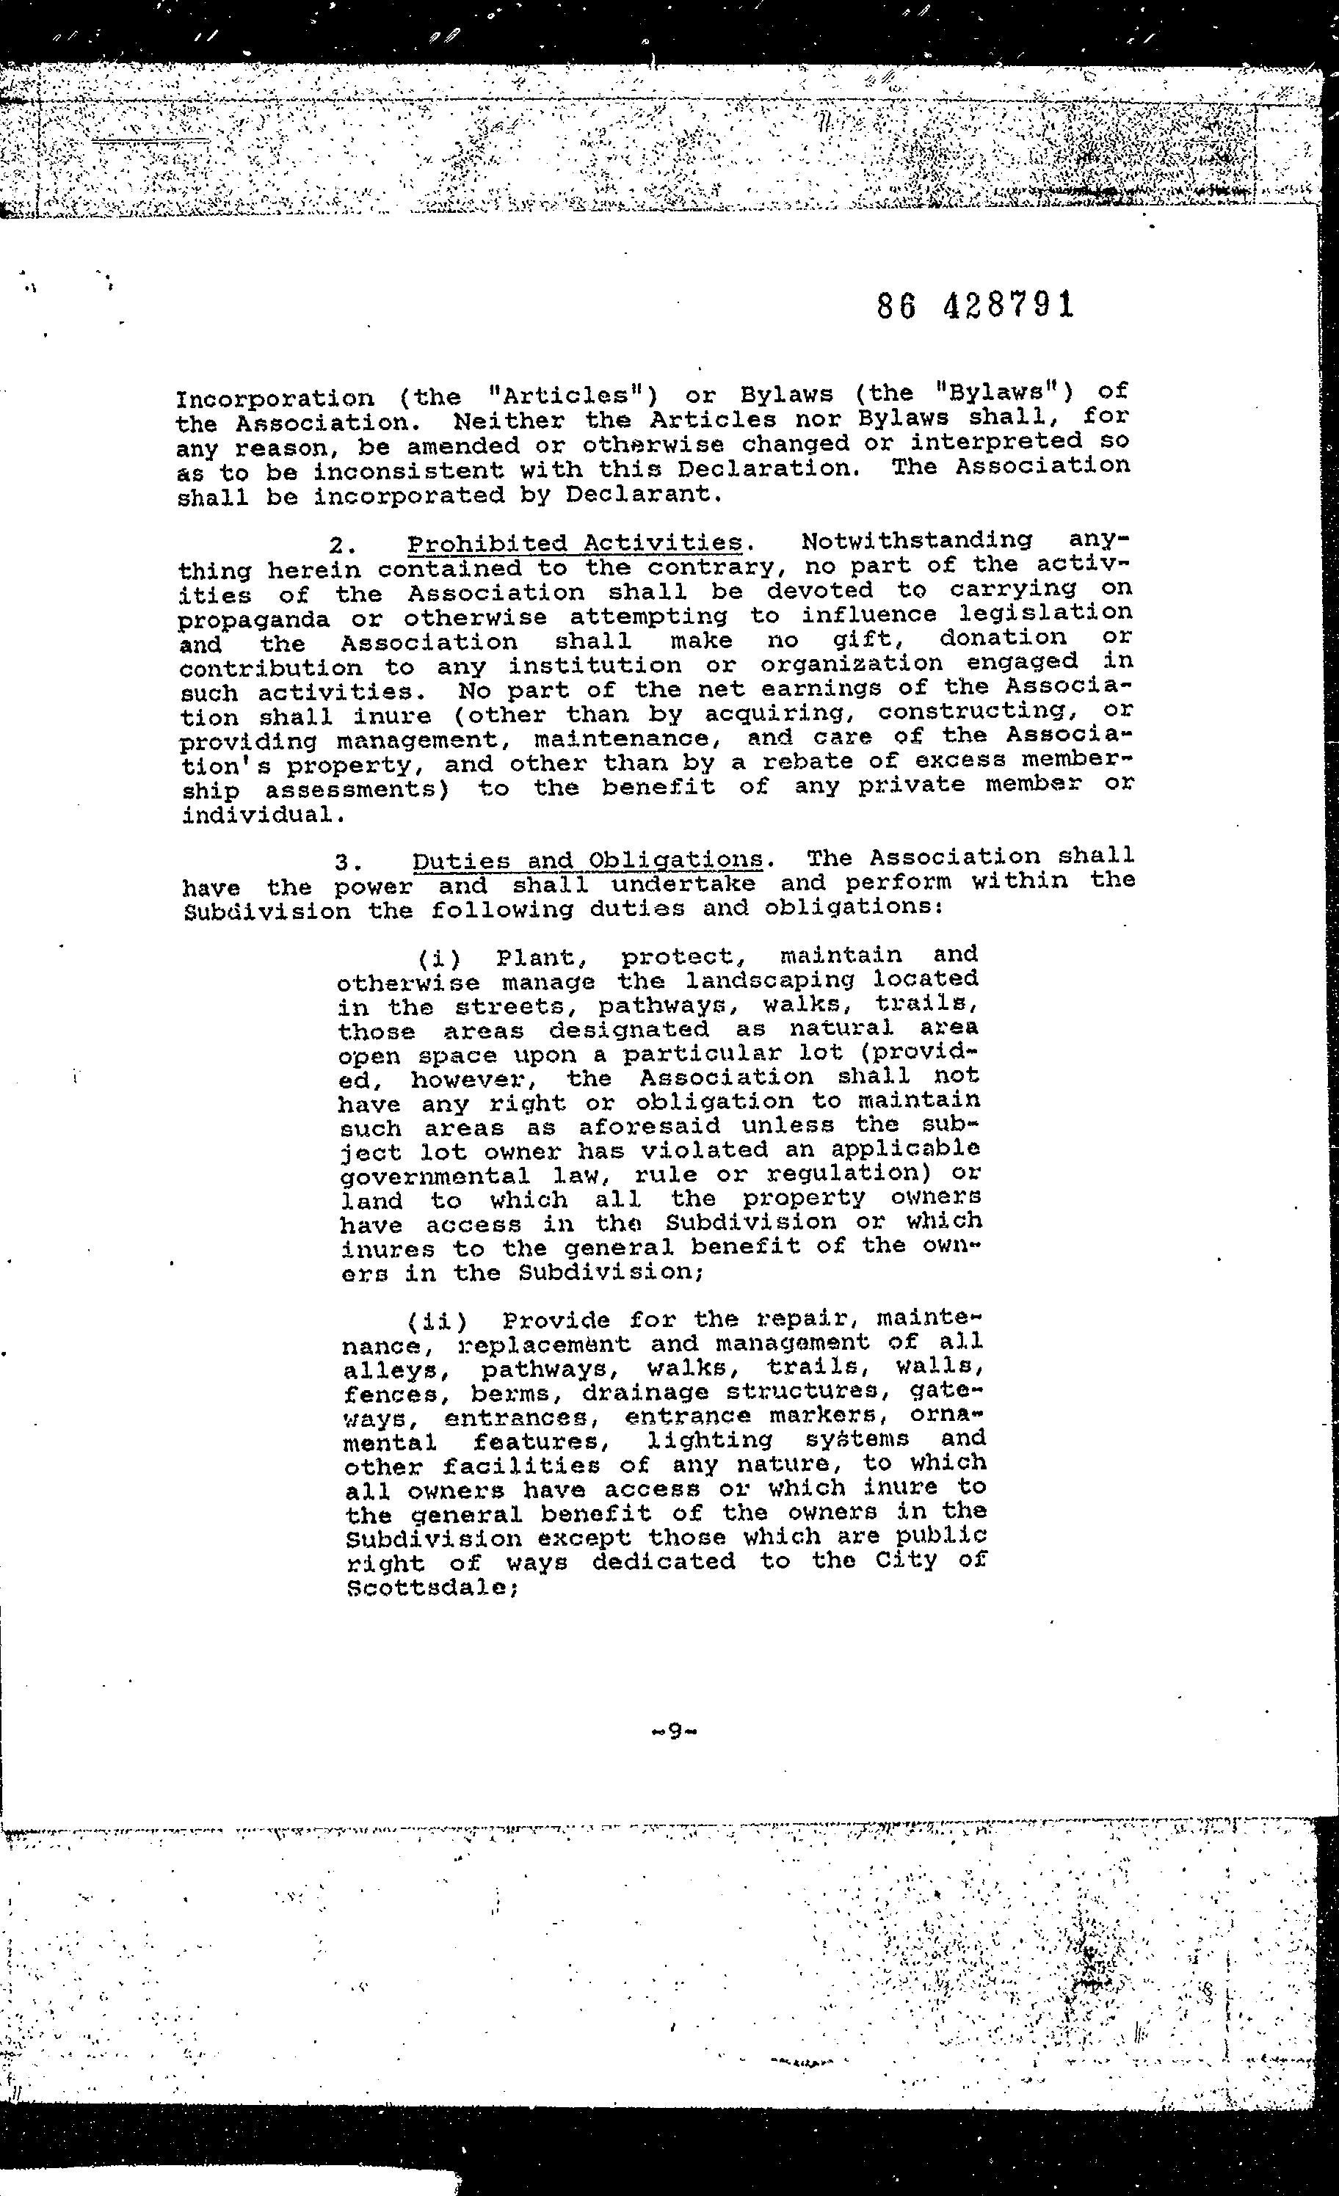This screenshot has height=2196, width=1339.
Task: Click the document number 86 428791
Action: click(976, 305)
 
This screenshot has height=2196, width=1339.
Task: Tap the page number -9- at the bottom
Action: click(673, 1731)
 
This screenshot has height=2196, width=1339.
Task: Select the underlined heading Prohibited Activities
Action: click(575, 543)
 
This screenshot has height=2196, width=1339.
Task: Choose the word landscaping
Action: click(770, 981)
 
